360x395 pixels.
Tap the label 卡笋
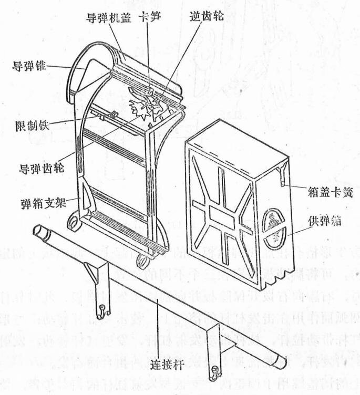coord(149,16)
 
